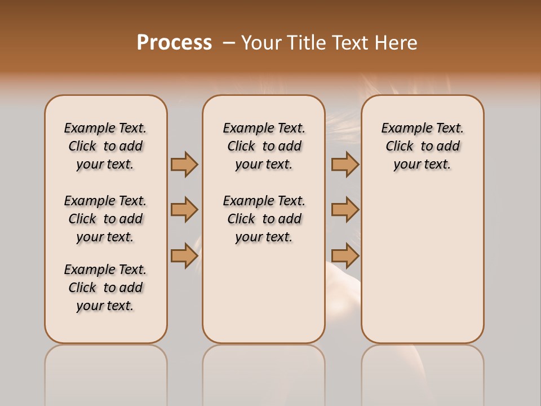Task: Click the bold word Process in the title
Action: pyautogui.click(x=174, y=43)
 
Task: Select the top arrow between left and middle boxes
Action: pyautogui.click(x=184, y=164)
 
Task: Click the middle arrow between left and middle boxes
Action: pyautogui.click(x=184, y=210)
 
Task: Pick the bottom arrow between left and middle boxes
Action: pyautogui.click(x=184, y=255)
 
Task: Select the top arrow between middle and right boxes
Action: pyautogui.click(x=345, y=164)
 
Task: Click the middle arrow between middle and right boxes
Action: pyautogui.click(x=345, y=210)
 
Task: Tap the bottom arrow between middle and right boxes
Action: pyautogui.click(x=345, y=255)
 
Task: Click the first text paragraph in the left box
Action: pyautogui.click(x=105, y=146)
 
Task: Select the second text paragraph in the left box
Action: pyautogui.click(x=105, y=219)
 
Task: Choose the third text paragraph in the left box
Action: pyautogui.click(x=105, y=288)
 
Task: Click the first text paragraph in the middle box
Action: pyautogui.click(x=264, y=146)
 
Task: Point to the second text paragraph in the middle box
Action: pyautogui.click(x=264, y=219)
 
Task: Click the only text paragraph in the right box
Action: pyautogui.click(x=422, y=146)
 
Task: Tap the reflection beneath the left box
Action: pyautogui.click(x=106, y=372)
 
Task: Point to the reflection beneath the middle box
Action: pyautogui.click(x=264, y=372)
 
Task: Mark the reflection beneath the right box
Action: pyautogui.click(x=423, y=372)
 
